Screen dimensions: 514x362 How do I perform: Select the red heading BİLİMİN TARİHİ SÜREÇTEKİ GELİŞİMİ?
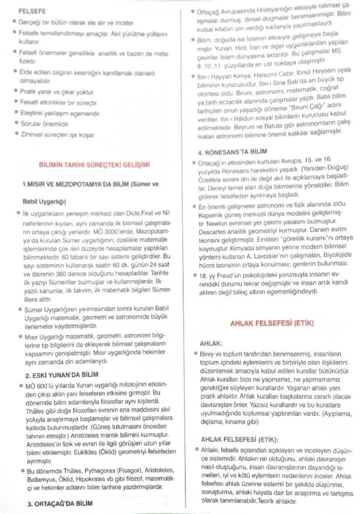(94, 165)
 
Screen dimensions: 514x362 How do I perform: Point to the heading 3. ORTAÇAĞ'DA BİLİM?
(60, 503)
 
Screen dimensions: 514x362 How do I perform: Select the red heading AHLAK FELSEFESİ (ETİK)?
(271, 324)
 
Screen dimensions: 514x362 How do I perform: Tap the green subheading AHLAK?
(211, 344)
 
